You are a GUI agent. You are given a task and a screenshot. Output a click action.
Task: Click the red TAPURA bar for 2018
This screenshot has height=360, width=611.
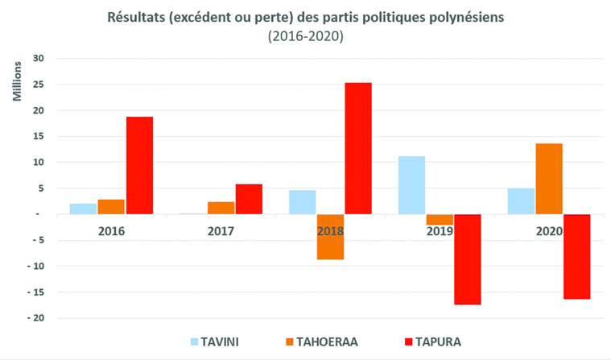(358, 148)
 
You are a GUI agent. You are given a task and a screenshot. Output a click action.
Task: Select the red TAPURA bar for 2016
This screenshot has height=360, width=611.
(139, 165)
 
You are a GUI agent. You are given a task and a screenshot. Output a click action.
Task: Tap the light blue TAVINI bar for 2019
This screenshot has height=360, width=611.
(411, 185)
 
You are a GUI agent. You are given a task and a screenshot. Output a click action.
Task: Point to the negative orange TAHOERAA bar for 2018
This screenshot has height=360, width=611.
(330, 237)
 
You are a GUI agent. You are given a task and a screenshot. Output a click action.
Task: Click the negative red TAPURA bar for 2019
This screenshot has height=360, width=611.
(467, 259)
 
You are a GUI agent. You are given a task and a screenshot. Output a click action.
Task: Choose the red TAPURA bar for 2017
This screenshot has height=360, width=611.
(249, 199)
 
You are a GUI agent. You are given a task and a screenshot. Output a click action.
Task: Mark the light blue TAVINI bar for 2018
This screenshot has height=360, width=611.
(302, 202)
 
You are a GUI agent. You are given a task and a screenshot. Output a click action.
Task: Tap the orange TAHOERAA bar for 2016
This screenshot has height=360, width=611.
(112, 206)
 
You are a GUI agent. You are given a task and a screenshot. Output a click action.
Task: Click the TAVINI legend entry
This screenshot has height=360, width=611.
(214, 341)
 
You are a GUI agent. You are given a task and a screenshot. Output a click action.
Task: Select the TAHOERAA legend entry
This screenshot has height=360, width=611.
(320, 341)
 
